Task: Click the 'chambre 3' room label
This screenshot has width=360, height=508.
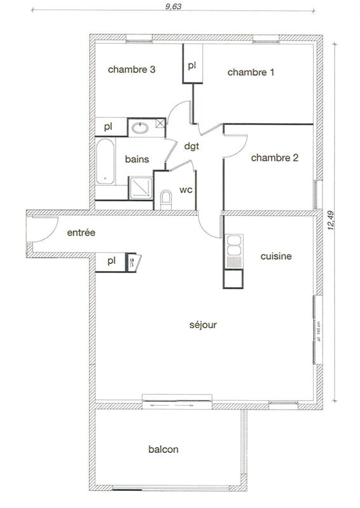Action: coord(132,70)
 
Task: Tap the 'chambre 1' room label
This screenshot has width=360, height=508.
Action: coord(251,72)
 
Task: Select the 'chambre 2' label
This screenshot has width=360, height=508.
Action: coord(274,158)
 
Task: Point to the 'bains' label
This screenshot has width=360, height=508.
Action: coord(137,159)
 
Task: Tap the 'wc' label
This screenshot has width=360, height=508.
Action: coord(186,190)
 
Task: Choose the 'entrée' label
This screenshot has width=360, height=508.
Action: coord(81,234)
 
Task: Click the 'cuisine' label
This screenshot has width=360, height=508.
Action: coord(276,257)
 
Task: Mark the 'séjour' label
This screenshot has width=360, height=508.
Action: coord(203,325)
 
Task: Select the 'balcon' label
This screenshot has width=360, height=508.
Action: coord(163,450)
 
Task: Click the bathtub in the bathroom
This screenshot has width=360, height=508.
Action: coord(105,162)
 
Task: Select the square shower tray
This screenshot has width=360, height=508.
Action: coord(140,188)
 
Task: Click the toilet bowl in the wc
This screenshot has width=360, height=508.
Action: coord(166,199)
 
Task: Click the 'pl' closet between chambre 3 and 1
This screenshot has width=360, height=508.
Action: coord(191,65)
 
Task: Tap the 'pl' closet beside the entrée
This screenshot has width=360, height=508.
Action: coord(110,261)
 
